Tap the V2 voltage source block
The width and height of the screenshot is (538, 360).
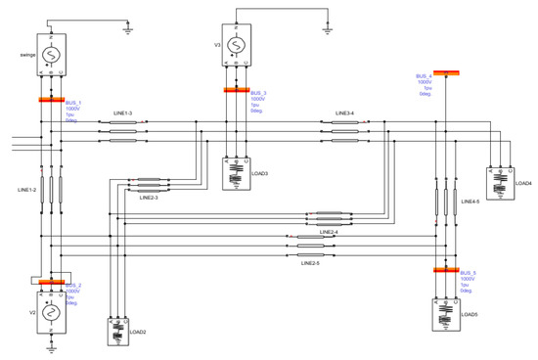(x=51, y=313)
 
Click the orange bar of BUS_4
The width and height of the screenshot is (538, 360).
(x=447, y=71)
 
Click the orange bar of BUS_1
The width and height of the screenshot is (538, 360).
(x=51, y=99)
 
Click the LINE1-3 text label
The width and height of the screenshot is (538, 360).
(x=123, y=112)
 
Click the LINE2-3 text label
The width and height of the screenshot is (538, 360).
(x=150, y=198)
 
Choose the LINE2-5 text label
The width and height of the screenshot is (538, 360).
(x=310, y=263)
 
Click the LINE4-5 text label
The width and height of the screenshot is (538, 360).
(x=471, y=202)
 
